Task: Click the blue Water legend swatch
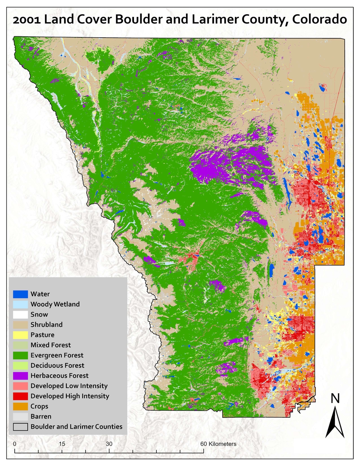[x=20, y=294]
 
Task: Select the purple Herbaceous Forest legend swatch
[x=20, y=376]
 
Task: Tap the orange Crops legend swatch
[x=20, y=406]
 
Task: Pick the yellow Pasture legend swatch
[x=20, y=335]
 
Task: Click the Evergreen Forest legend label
[x=57, y=355]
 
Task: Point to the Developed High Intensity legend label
[x=70, y=396]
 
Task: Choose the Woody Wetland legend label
[x=55, y=304]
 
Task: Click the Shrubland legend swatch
[x=20, y=325]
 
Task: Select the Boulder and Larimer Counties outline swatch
[x=20, y=427]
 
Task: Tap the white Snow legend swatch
[x=20, y=314]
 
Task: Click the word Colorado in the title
[x=319, y=19]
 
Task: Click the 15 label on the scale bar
[x=62, y=444]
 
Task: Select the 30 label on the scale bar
[x=109, y=444]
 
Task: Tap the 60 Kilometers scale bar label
[x=218, y=444]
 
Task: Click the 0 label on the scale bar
[x=15, y=444]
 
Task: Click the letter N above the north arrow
[x=335, y=398]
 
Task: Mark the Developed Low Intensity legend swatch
[x=20, y=386]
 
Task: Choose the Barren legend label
[x=41, y=416]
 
